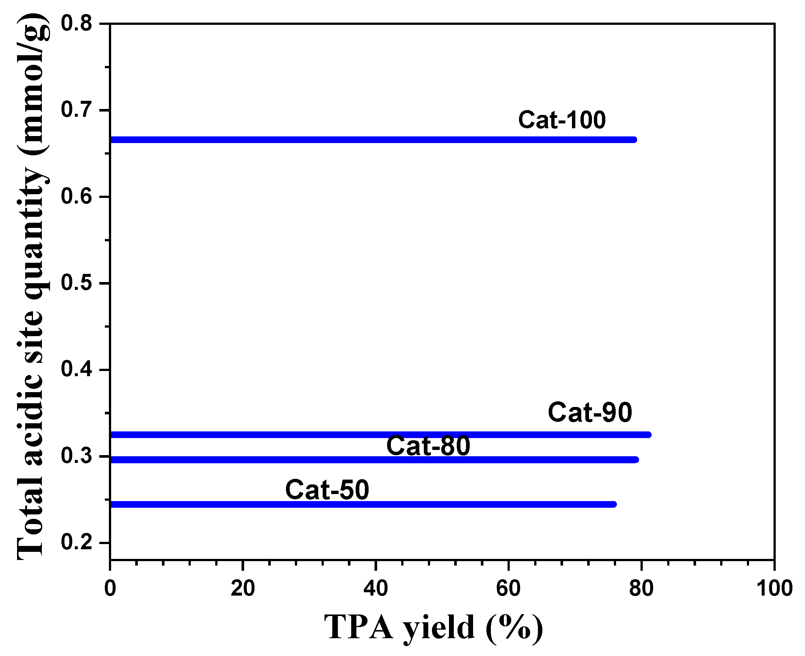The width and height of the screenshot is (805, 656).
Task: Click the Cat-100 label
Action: coord(562,120)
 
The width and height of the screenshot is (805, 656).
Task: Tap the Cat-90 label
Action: coord(590,412)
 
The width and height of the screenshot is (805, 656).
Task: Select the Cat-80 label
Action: coord(428,445)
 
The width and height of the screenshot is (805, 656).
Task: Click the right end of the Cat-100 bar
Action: coord(635,140)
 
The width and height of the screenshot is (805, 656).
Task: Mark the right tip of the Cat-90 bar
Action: coord(649,435)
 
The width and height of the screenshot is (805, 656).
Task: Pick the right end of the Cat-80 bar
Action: coord(636,460)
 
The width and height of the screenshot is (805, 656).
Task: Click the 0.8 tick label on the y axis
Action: coord(76,23)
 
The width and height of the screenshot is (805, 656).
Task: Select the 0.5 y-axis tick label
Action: coord(76,283)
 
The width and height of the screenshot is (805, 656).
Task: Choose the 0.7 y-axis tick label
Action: coord(76,110)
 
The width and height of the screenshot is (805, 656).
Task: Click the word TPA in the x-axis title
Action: coord(359,627)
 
